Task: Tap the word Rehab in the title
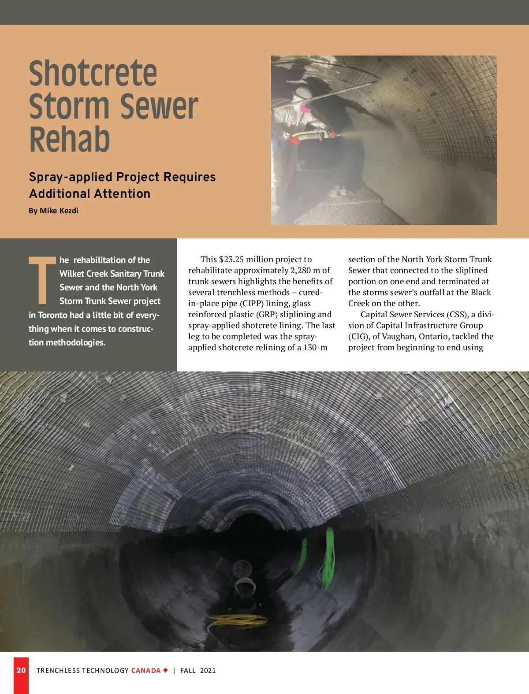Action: click(x=70, y=139)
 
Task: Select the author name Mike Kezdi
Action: click(x=59, y=211)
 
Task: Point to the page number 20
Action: click(x=21, y=670)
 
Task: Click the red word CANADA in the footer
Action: click(x=146, y=671)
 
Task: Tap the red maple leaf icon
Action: click(x=166, y=670)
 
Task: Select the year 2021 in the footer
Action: click(x=208, y=671)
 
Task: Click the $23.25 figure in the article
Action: click(x=231, y=260)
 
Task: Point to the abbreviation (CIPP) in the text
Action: click(x=252, y=304)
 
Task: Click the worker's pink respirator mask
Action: click(x=304, y=108)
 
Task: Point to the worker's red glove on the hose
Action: click(x=293, y=140)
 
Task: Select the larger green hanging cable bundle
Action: click(x=329, y=557)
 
